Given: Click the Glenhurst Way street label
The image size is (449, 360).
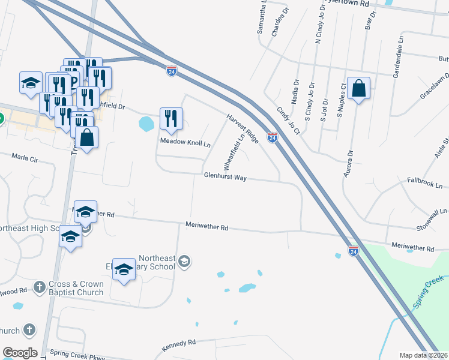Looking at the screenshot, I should click(225, 178).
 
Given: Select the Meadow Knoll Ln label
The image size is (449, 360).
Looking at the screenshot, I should click(185, 144).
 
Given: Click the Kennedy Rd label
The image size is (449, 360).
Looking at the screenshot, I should click(179, 346).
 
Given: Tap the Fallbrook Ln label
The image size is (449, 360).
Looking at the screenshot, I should click(424, 181).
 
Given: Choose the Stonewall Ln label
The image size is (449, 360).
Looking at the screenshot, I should click(432, 220).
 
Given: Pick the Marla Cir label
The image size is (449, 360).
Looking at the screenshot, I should click(25, 158).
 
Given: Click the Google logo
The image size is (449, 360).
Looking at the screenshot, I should click(20, 353).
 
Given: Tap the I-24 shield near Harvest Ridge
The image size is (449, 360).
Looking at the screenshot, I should click(273, 138).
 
